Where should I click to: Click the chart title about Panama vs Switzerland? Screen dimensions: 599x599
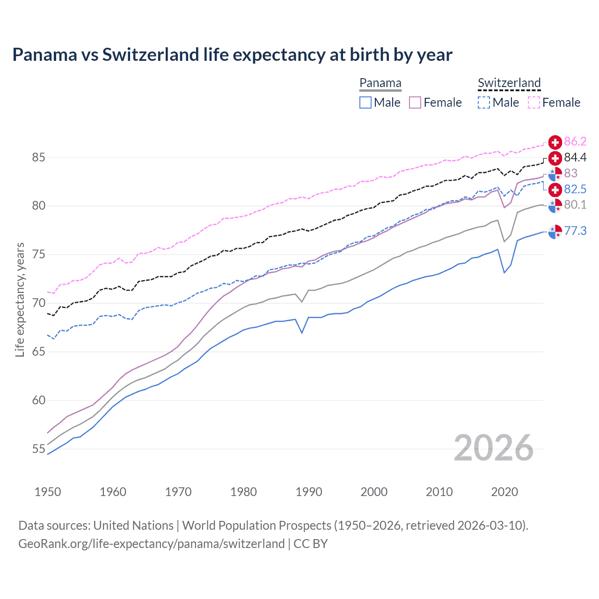(x=232, y=55)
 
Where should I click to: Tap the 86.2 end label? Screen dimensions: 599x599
(x=575, y=142)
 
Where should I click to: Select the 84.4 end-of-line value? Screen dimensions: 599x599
(x=575, y=158)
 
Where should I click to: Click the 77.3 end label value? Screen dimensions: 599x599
(x=575, y=231)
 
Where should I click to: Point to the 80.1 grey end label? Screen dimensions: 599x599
(x=575, y=205)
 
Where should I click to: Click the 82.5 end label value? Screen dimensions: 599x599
(x=575, y=189)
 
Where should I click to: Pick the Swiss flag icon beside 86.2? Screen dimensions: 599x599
(x=555, y=142)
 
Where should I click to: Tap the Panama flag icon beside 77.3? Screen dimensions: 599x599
(x=555, y=231)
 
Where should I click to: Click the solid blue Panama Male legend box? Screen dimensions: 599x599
(x=365, y=102)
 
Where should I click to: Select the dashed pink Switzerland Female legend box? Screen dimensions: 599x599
(x=534, y=102)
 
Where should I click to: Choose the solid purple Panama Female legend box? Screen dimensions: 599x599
(x=415, y=102)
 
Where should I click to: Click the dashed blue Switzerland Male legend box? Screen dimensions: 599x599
(x=484, y=102)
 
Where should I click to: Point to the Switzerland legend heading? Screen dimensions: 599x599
(x=509, y=83)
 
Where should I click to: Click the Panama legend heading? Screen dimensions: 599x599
(x=380, y=83)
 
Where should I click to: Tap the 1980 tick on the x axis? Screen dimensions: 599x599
(x=243, y=492)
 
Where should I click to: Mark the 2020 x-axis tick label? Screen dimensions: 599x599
(x=504, y=492)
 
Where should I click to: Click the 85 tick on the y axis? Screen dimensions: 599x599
(x=38, y=158)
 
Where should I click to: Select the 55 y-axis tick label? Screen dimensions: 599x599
(x=38, y=449)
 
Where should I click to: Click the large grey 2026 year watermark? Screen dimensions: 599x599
(x=494, y=448)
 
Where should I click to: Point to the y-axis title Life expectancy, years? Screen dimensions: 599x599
(x=20, y=299)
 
